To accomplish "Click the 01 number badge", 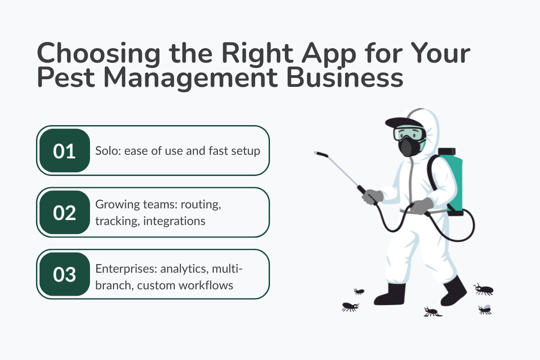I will (64, 151).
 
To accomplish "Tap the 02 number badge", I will (64, 212).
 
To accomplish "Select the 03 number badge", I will (64, 274).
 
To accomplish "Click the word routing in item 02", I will (202, 205).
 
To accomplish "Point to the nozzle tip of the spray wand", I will (316, 153).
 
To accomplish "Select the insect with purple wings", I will (485, 309).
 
